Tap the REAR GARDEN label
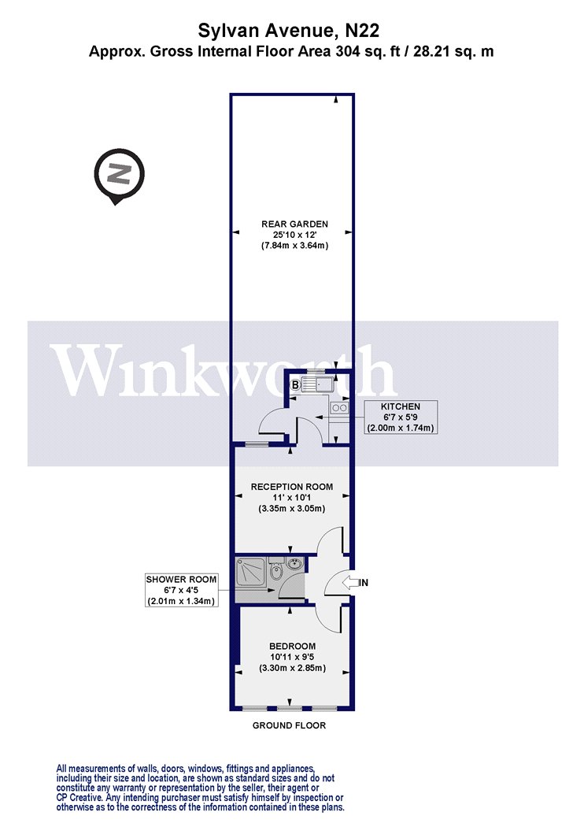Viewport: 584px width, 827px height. pyautogui.click(x=294, y=224)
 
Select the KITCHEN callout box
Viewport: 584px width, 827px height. pyautogui.click(x=401, y=417)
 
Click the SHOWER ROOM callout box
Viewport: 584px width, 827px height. pyautogui.click(x=181, y=590)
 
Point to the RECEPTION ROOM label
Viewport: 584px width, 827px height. pyautogui.click(x=291, y=487)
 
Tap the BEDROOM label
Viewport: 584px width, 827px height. pyautogui.click(x=292, y=646)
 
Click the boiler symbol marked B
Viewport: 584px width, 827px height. pyautogui.click(x=296, y=386)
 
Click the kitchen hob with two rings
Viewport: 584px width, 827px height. pyautogui.click(x=339, y=407)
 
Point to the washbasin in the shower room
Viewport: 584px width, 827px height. pyautogui.click(x=295, y=565)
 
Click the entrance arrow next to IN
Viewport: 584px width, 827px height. pyautogui.click(x=349, y=583)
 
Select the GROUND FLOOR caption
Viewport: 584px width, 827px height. pyautogui.click(x=289, y=725)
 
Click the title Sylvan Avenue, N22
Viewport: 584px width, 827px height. pyautogui.click(x=288, y=32)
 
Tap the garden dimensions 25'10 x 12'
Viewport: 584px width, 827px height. pyautogui.click(x=294, y=234)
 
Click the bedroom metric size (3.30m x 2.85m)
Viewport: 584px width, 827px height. pyautogui.click(x=292, y=668)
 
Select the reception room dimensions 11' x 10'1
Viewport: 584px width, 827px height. pyautogui.click(x=291, y=497)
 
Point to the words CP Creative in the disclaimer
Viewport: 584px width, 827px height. pyautogui.click(x=80, y=797)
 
